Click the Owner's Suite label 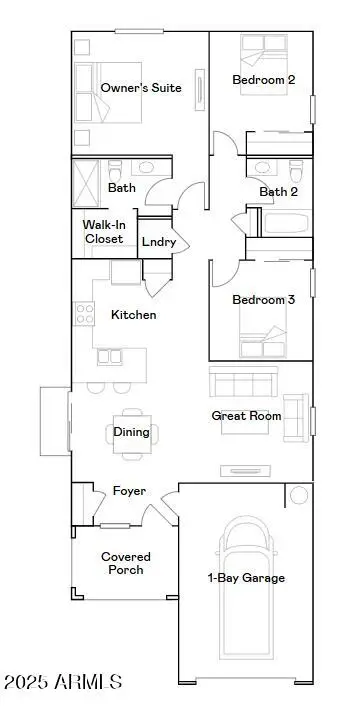pos(141,88)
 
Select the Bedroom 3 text pos(263,300)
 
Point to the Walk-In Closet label pos(103,232)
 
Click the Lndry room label pos(159,242)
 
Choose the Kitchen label pos(133,315)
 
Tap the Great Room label pos(246,415)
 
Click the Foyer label pos(129,491)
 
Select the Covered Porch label pos(126,563)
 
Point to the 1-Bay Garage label pos(246,578)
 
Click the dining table pos(131,433)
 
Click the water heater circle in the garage pos(298,495)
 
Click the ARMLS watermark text pos(62,683)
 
